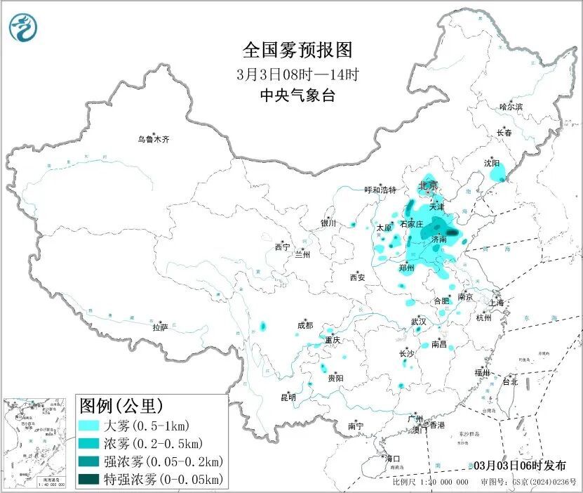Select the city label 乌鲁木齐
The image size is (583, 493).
pos(153,139)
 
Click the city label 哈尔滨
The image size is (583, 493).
pos(511,107)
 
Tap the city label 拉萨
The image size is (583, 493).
pos(161,327)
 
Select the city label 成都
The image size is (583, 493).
pos(305,325)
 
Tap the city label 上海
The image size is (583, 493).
pos(497,303)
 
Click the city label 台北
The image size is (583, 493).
pos(509,382)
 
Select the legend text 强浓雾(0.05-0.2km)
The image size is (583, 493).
pos(163,461)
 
